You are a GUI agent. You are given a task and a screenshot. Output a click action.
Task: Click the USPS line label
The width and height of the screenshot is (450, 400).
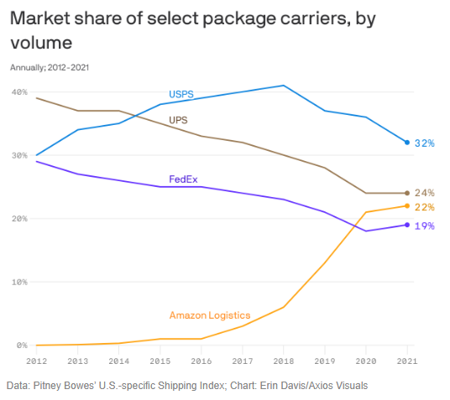coord(181,95)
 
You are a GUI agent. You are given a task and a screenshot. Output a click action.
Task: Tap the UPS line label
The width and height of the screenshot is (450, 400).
coord(178,120)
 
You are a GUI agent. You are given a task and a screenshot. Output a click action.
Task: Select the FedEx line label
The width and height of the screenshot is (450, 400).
coord(183,179)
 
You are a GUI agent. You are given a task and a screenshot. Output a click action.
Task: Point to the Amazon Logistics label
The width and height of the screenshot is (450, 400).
coord(210,315)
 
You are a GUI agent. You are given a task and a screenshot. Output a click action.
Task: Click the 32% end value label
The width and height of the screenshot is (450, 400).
coord(425,143)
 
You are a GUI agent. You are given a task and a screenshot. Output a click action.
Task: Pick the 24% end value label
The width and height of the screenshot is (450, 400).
coord(425,193)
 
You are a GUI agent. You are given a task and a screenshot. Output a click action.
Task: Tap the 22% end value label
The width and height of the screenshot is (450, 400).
coord(425,207)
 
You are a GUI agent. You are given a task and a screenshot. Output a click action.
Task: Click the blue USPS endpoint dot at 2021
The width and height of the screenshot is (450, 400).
coord(407,143)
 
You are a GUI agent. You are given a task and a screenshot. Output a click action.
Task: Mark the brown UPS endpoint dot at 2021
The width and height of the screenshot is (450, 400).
coord(407,193)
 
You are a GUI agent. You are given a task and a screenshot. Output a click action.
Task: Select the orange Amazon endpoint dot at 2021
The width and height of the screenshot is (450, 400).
coord(407,205)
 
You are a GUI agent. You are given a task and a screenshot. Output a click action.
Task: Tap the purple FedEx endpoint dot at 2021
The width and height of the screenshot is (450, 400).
coord(407,225)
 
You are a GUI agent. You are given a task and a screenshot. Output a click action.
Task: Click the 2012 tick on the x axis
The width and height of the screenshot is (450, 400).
coord(36,361)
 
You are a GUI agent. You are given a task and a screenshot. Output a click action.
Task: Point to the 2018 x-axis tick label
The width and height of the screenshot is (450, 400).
coord(284,361)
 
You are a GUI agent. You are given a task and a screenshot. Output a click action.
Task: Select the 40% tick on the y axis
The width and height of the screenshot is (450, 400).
coord(19,91)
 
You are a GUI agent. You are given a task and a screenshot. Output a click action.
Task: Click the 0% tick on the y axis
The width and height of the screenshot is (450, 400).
coord(22,345)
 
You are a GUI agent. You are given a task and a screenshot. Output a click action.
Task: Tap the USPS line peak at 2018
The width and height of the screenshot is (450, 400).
coord(284,86)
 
